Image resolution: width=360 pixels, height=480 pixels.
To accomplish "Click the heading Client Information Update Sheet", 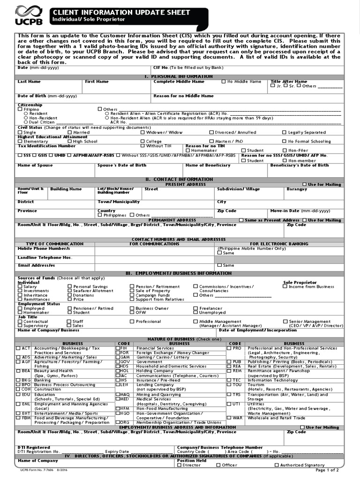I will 121,12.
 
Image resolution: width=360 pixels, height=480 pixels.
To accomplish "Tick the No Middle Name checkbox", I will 224,82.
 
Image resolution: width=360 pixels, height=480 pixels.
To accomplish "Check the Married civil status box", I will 69,132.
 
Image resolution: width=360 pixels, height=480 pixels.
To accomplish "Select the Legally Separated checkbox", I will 285,132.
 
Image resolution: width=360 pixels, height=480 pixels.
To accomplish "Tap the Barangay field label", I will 297,189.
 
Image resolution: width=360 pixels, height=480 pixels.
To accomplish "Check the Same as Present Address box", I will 241,220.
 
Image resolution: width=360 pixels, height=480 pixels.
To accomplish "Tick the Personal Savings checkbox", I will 69,286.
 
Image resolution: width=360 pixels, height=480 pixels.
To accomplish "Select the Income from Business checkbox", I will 285,286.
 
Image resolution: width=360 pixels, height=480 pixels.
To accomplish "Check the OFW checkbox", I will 132,313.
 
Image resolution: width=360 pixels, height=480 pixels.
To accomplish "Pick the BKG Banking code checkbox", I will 18,380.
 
